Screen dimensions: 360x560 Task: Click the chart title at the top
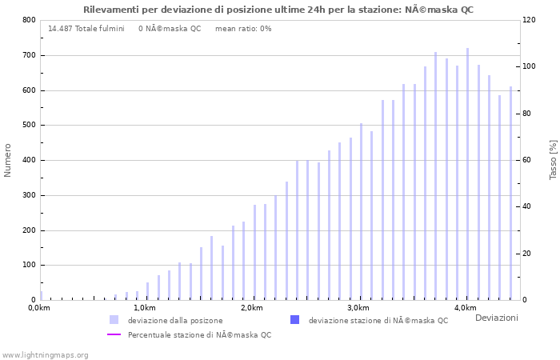coord(278,10)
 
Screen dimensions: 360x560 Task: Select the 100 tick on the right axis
coord(530,66)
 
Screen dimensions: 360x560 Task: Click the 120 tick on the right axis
coord(530,20)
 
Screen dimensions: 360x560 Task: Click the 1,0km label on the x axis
coord(145,308)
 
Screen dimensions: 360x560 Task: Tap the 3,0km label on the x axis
coord(358,308)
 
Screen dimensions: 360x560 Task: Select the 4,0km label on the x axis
coord(465,308)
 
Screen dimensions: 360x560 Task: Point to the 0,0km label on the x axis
coord(39,308)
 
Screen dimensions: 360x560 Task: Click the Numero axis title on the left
coord(8,160)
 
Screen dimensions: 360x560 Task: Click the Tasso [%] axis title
coord(553,160)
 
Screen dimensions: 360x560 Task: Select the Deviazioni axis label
coord(496,318)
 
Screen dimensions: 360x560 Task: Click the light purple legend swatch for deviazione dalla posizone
coord(114,320)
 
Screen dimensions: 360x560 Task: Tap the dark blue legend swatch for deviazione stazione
coord(294,320)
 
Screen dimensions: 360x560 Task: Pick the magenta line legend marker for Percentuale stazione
coord(114,334)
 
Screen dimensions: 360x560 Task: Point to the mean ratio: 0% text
coord(243,29)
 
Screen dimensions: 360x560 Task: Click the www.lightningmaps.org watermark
coord(45,354)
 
